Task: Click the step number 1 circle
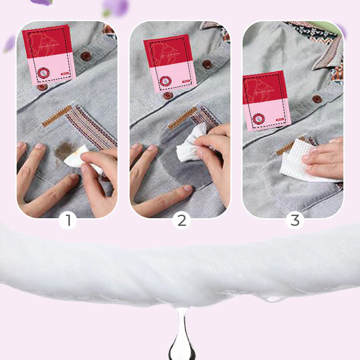pos(68,220)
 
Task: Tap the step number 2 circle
pos(181,220)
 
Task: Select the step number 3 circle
pos(295,220)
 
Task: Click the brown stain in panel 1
pos(65,151)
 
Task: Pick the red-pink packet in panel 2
pos(169,63)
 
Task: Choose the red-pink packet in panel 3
pos(264,101)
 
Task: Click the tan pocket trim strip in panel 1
pos(57,116)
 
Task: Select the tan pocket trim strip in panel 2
pos(182,118)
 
